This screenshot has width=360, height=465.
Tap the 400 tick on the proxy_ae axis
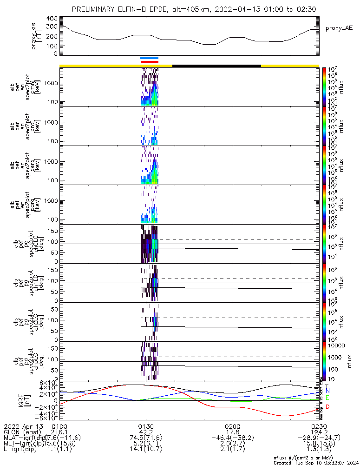click(52, 18)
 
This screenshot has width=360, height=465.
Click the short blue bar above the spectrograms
click(150, 58)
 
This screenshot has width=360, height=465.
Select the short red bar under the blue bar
click(150, 61)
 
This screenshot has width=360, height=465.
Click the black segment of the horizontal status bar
click(216, 66)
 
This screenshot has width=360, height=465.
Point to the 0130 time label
click(146, 426)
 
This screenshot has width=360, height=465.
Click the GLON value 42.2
click(146, 432)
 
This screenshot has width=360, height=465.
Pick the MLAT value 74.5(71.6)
click(146, 437)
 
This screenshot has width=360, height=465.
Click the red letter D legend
click(327, 407)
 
